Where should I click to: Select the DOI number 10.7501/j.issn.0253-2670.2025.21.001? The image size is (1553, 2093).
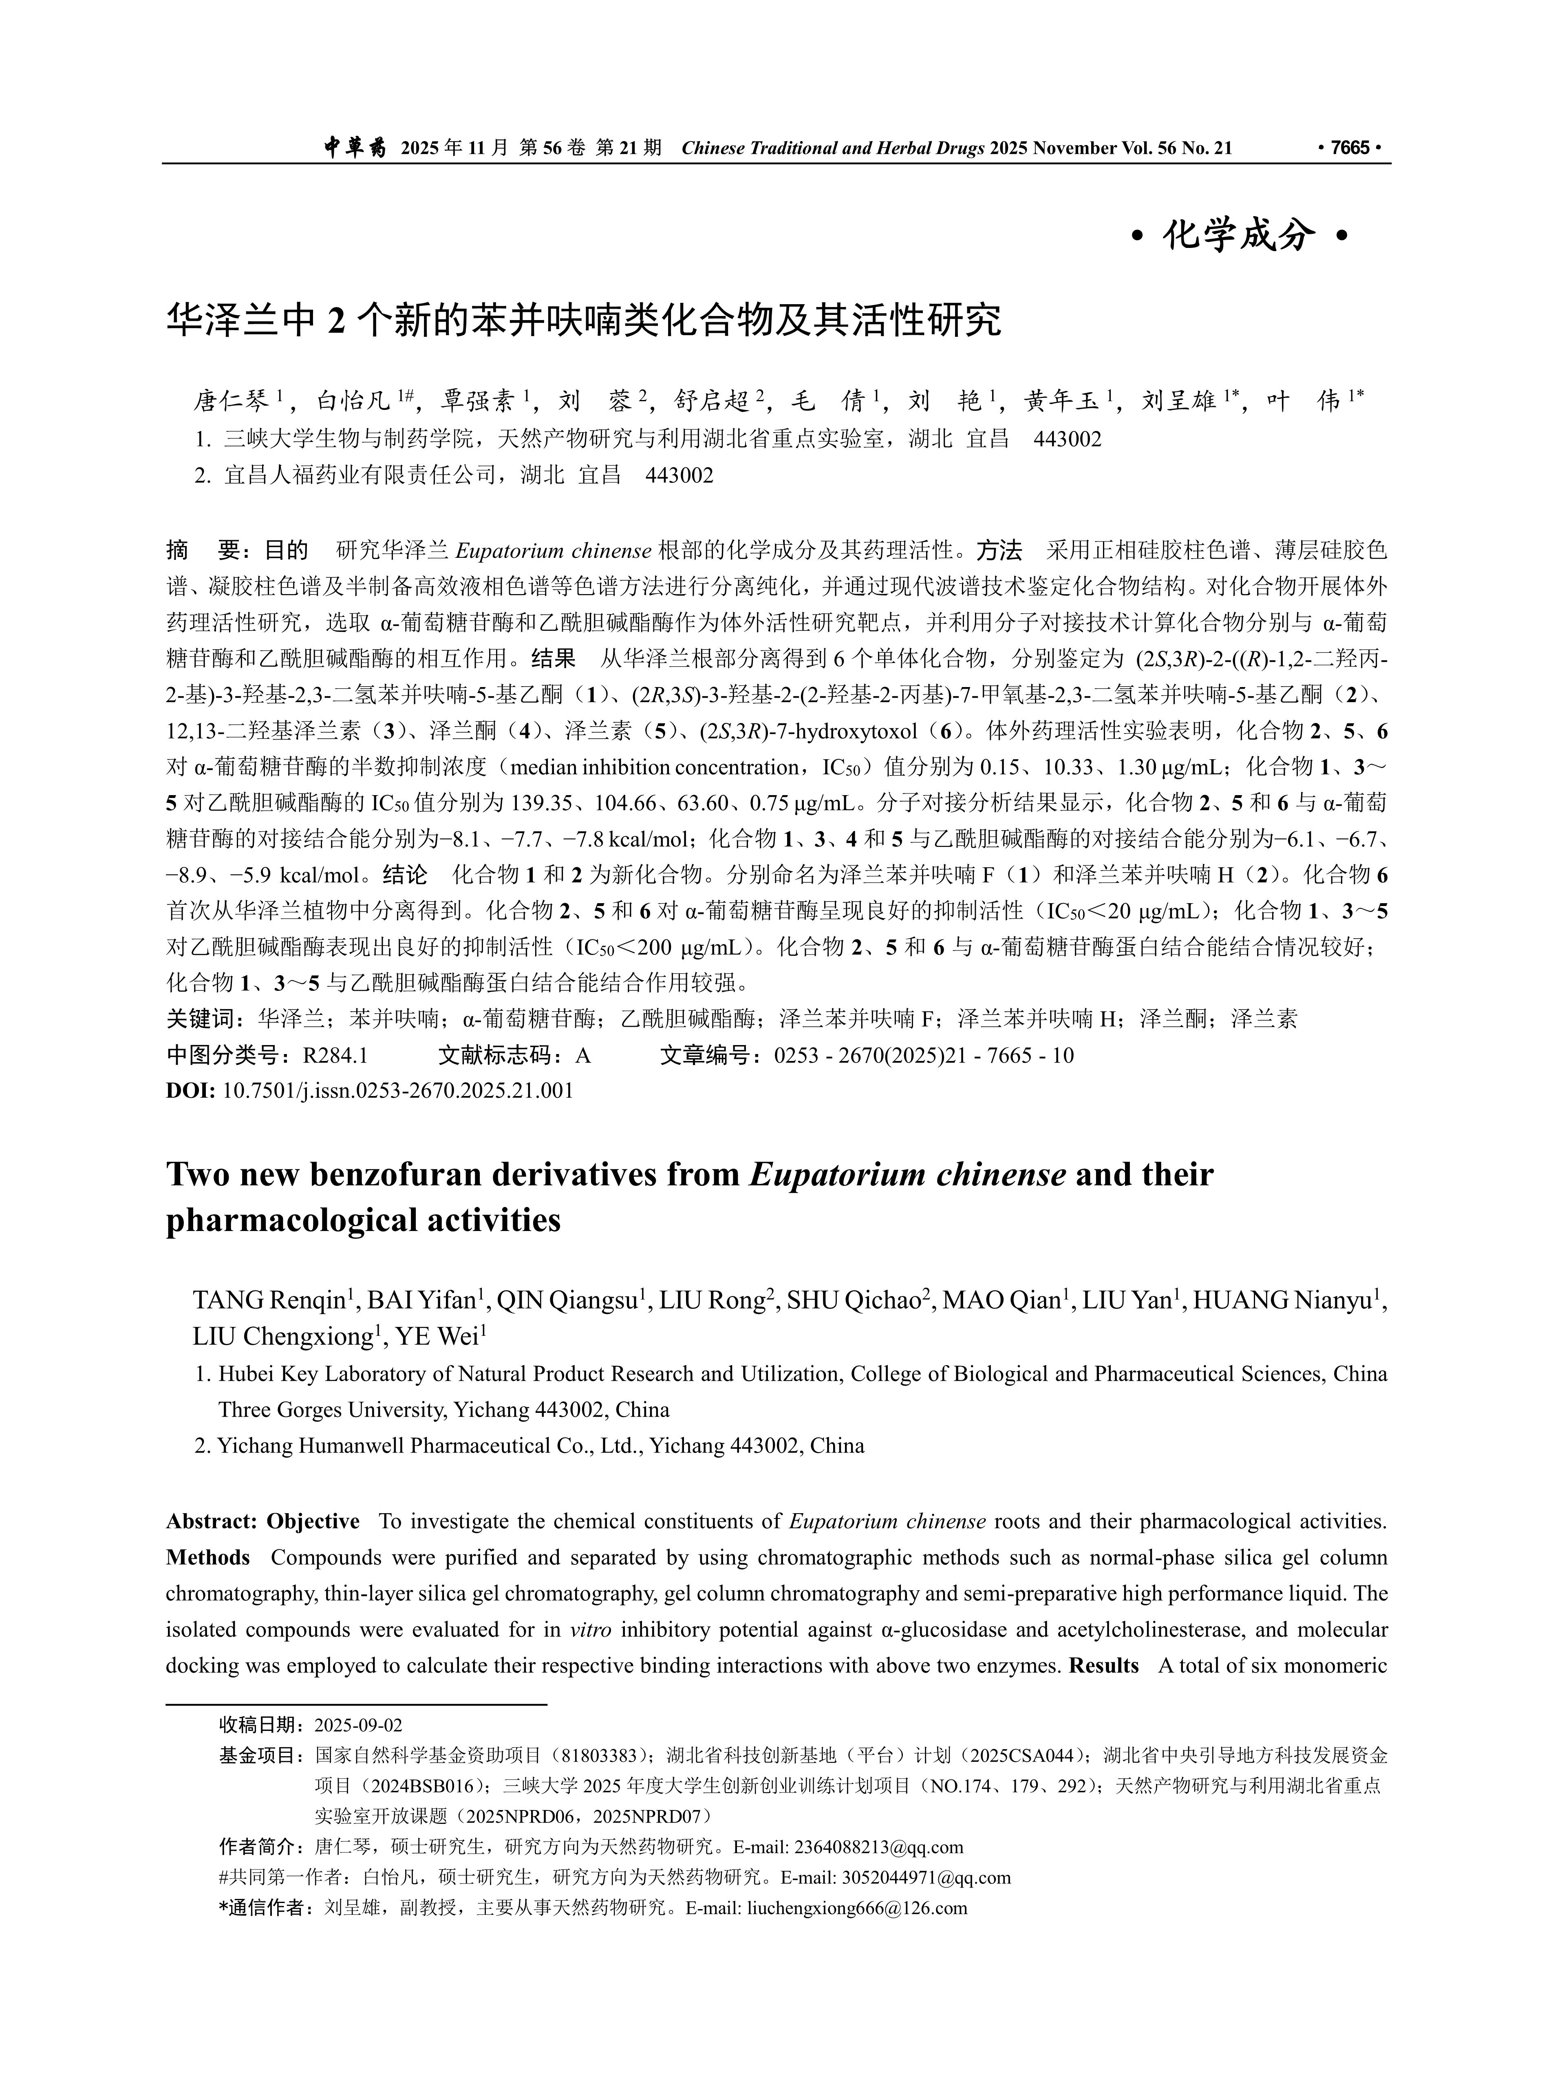coord(398,1091)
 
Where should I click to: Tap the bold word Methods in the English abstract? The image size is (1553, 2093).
coord(208,1558)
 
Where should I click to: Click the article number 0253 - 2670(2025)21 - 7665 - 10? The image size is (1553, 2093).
coord(923,1055)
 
